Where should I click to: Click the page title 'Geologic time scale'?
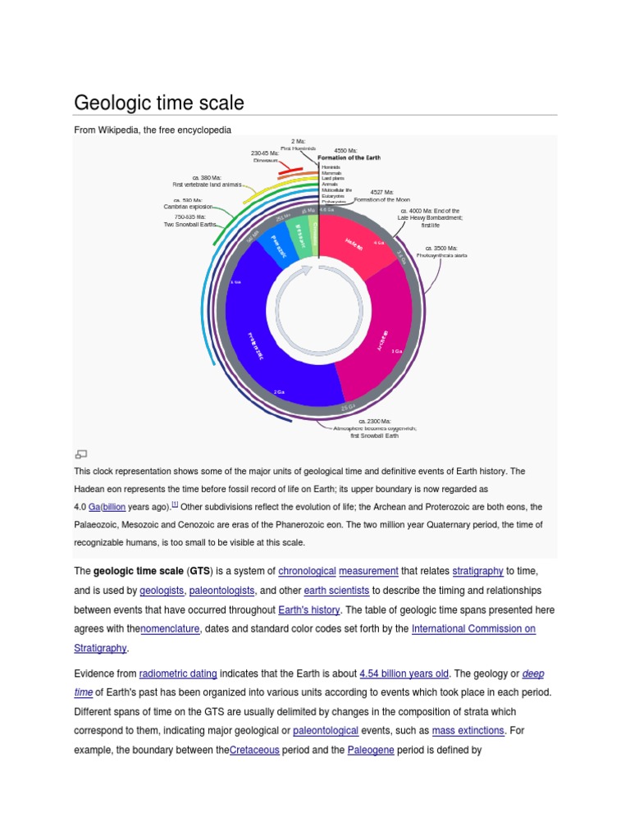click(x=159, y=103)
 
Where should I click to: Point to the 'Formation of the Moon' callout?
click(x=381, y=199)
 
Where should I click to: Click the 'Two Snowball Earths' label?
click(x=190, y=224)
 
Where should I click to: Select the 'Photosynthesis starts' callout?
click(x=441, y=255)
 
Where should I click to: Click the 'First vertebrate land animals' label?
click(x=207, y=185)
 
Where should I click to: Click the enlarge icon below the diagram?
click(x=80, y=454)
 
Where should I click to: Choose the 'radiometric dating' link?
click(x=178, y=673)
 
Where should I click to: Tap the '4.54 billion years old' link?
click(x=404, y=673)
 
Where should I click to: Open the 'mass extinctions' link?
click(x=468, y=730)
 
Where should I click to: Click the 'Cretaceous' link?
click(x=254, y=750)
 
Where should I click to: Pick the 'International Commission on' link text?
click(x=473, y=629)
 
